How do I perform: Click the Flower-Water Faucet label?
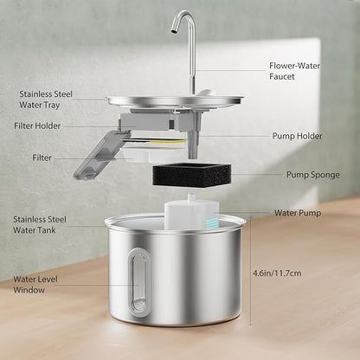(x=294, y=71)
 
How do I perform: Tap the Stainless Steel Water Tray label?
(x=46, y=100)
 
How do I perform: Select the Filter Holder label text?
(x=37, y=126)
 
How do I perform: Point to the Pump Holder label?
(x=297, y=136)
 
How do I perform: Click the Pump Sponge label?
(x=313, y=175)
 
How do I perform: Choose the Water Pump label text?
(x=298, y=213)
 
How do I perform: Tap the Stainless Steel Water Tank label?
(x=40, y=225)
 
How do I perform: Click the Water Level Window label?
(x=35, y=285)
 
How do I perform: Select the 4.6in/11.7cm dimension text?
(x=277, y=273)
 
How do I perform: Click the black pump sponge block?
(x=192, y=175)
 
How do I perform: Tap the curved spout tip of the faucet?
(x=173, y=29)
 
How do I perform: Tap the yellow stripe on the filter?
(x=167, y=142)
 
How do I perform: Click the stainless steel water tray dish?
(x=175, y=102)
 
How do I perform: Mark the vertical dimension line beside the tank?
(x=250, y=271)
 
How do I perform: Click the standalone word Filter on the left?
(x=42, y=157)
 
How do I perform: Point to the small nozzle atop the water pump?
(x=191, y=197)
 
